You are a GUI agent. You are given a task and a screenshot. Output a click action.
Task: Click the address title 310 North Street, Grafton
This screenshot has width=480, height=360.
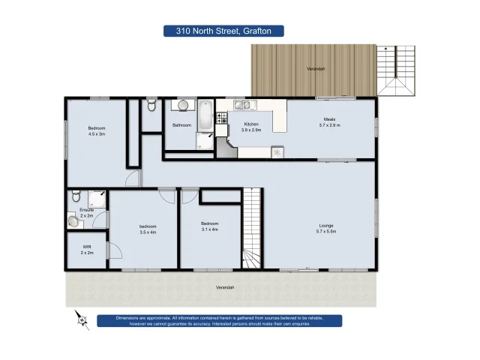[223, 31]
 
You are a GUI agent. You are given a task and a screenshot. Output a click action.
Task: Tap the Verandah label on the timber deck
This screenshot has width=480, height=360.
[316, 68]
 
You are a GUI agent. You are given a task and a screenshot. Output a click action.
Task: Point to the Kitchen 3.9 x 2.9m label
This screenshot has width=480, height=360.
[250, 126]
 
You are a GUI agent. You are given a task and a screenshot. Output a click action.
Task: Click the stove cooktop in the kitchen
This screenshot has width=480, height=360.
[222, 118]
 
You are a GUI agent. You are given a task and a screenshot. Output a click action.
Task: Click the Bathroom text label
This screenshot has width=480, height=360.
[182, 125]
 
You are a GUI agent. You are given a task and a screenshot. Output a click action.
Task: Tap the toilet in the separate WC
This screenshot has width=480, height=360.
[151, 105]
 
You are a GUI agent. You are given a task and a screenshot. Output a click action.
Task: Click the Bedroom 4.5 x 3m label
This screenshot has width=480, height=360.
[96, 131]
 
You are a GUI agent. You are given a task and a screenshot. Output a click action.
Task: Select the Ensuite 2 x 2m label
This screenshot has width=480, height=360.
[86, 212]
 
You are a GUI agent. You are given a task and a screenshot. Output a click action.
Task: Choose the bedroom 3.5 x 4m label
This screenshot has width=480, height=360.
[147, 229]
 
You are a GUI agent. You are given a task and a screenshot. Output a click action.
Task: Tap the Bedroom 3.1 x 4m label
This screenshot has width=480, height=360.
[209, 226]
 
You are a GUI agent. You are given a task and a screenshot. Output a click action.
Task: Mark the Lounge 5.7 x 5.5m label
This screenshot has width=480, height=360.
[326, 229]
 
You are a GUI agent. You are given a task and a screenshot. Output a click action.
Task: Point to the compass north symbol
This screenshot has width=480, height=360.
[80, 319]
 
